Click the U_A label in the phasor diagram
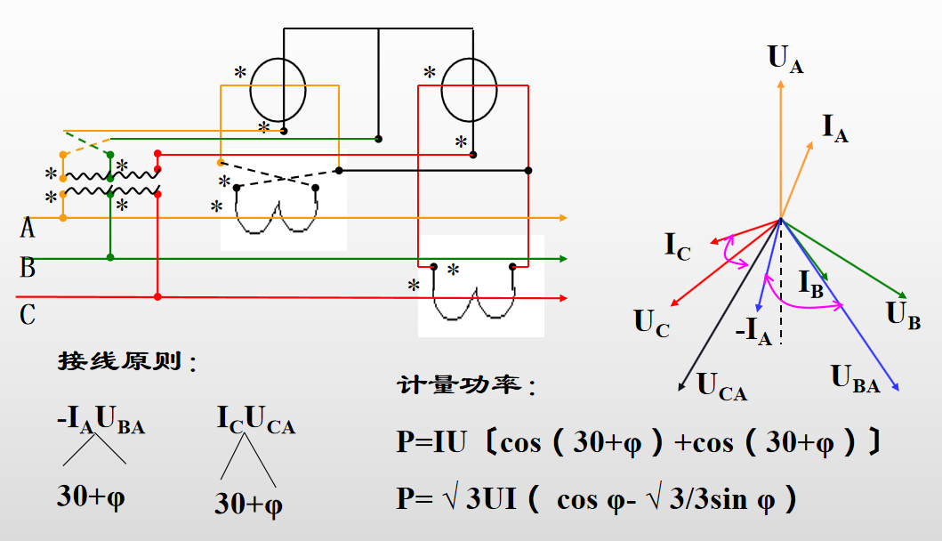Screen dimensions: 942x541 (x=785, y=59)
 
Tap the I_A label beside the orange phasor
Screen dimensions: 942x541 (x=835, y=129)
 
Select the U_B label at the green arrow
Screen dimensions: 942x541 (x=903, y=316)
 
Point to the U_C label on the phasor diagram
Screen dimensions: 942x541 (x=651, y=323)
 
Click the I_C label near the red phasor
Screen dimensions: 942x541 (x=677, y=246)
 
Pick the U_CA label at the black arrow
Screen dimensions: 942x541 (x=721, y=386)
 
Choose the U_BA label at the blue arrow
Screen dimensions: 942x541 (x=856, y=379)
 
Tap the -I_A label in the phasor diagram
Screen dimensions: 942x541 (x=753, y=331)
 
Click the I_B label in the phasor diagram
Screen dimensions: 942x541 (x=810, y=284)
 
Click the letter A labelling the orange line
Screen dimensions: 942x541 (x=27, y=229)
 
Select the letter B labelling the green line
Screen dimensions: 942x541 (x=28, y=268)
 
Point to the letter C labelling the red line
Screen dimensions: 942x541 (x=28, y=315)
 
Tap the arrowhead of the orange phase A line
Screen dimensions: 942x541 (x=564, y=218)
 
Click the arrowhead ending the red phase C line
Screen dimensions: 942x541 (x=564, y=298)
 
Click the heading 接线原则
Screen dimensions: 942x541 (x=119, y=361)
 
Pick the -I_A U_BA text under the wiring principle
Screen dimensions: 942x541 (x=101, y=419)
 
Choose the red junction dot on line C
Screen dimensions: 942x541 (x=157, y=297)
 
